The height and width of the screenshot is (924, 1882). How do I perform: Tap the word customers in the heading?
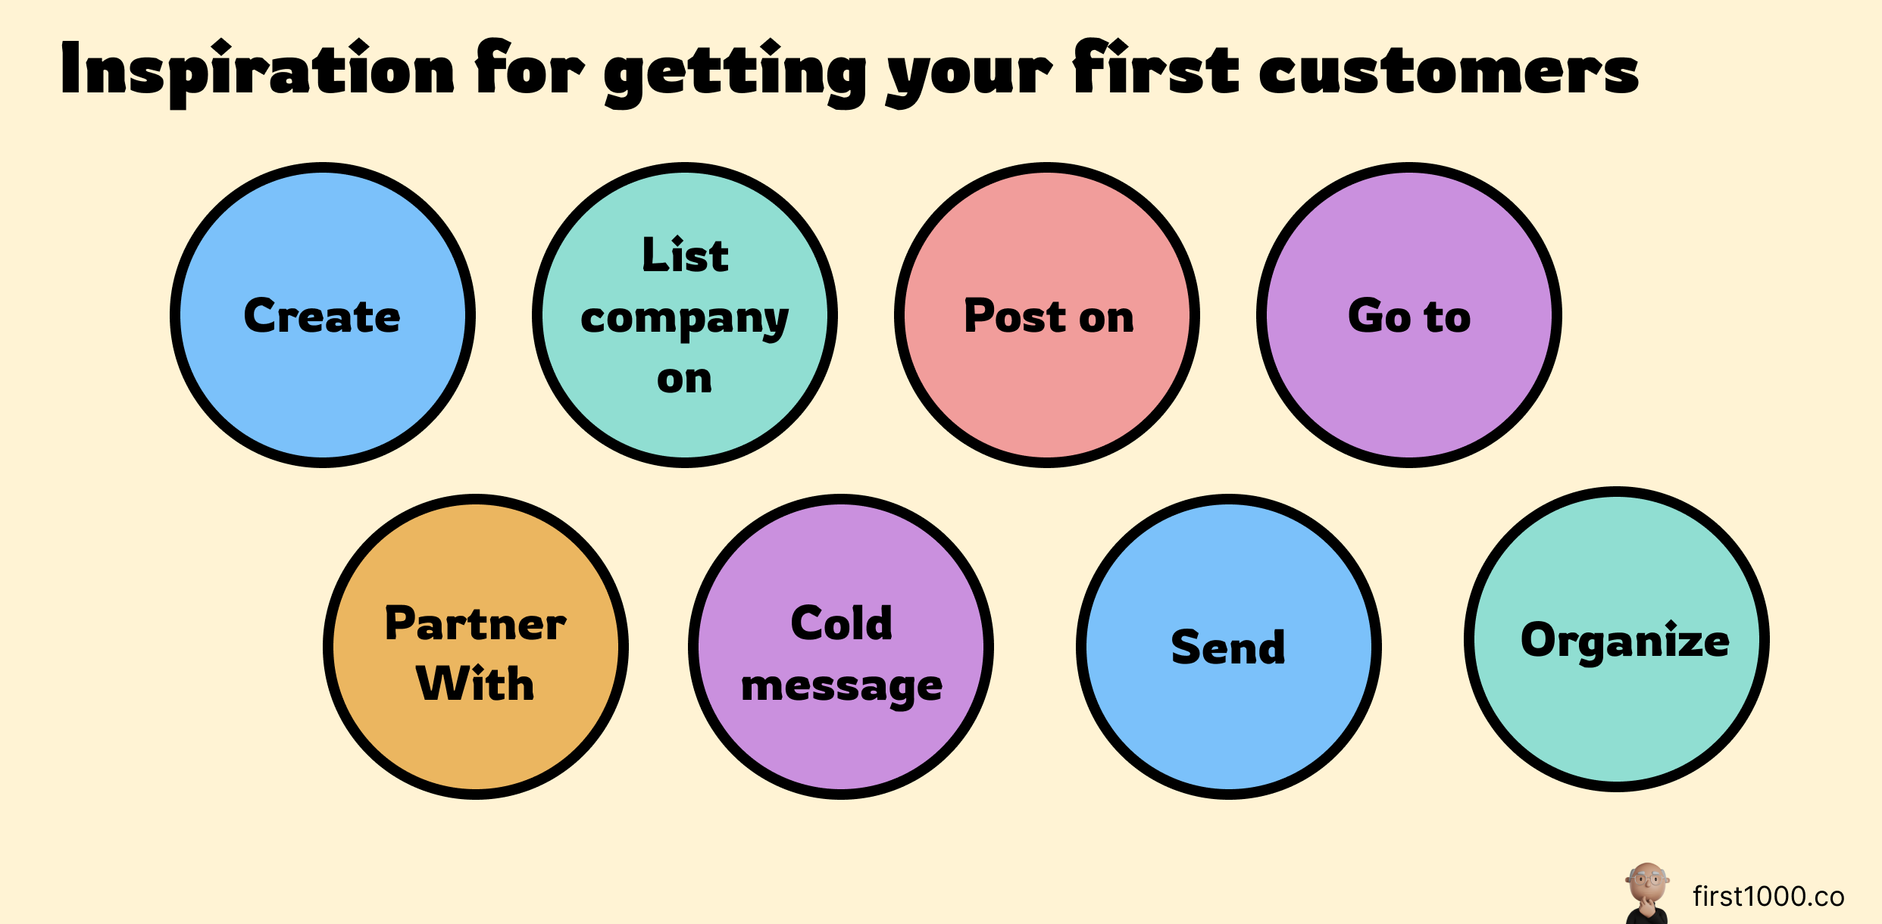[1449, 72]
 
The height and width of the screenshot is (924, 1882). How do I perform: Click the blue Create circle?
[323, 315]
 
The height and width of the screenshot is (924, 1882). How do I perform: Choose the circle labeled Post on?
[1047, 315]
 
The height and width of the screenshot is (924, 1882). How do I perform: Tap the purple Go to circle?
[1409, 315]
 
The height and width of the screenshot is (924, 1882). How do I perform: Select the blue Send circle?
[1228, 647]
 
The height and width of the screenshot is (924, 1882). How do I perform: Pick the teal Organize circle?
[1617, 639]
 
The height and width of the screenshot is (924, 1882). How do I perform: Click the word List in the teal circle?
[685, 255]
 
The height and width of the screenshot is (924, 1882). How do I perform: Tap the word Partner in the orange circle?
[476, 624]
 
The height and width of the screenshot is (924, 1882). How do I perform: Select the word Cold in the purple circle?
[841, 624]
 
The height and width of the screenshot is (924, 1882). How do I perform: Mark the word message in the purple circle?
[841, 687]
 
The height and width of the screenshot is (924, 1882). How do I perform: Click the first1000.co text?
[1768, 897]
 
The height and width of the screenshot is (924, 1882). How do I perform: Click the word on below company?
[685, 379]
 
